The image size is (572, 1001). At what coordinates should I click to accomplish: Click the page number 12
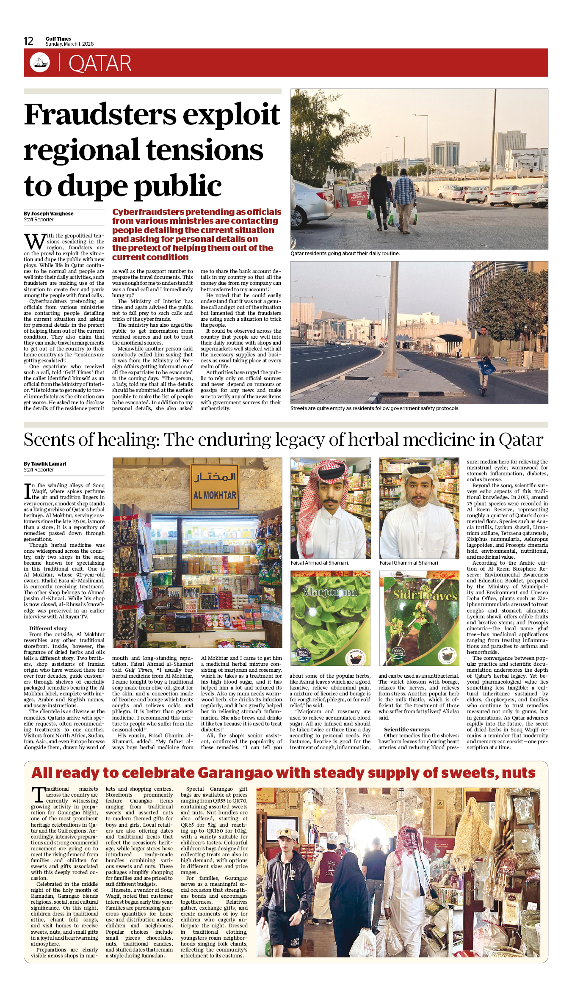(x=28, y=41)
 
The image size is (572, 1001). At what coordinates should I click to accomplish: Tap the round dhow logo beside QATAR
(x=40, y=62)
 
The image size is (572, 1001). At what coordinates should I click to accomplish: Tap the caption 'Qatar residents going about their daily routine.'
(x=345, y=254)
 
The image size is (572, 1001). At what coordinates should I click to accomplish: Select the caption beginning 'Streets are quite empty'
(x=374, y=408)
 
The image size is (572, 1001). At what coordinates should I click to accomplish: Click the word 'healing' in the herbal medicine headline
(x=127, y=440)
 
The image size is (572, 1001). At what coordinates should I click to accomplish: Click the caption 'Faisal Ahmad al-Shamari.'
(x=320, y=563)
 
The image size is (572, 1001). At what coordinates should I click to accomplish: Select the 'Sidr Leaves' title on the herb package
(x=425, y=595)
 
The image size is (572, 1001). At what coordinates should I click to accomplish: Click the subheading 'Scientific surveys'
(x=406, y=730)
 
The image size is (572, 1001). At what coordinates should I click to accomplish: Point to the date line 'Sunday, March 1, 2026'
(x=69, y=44)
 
